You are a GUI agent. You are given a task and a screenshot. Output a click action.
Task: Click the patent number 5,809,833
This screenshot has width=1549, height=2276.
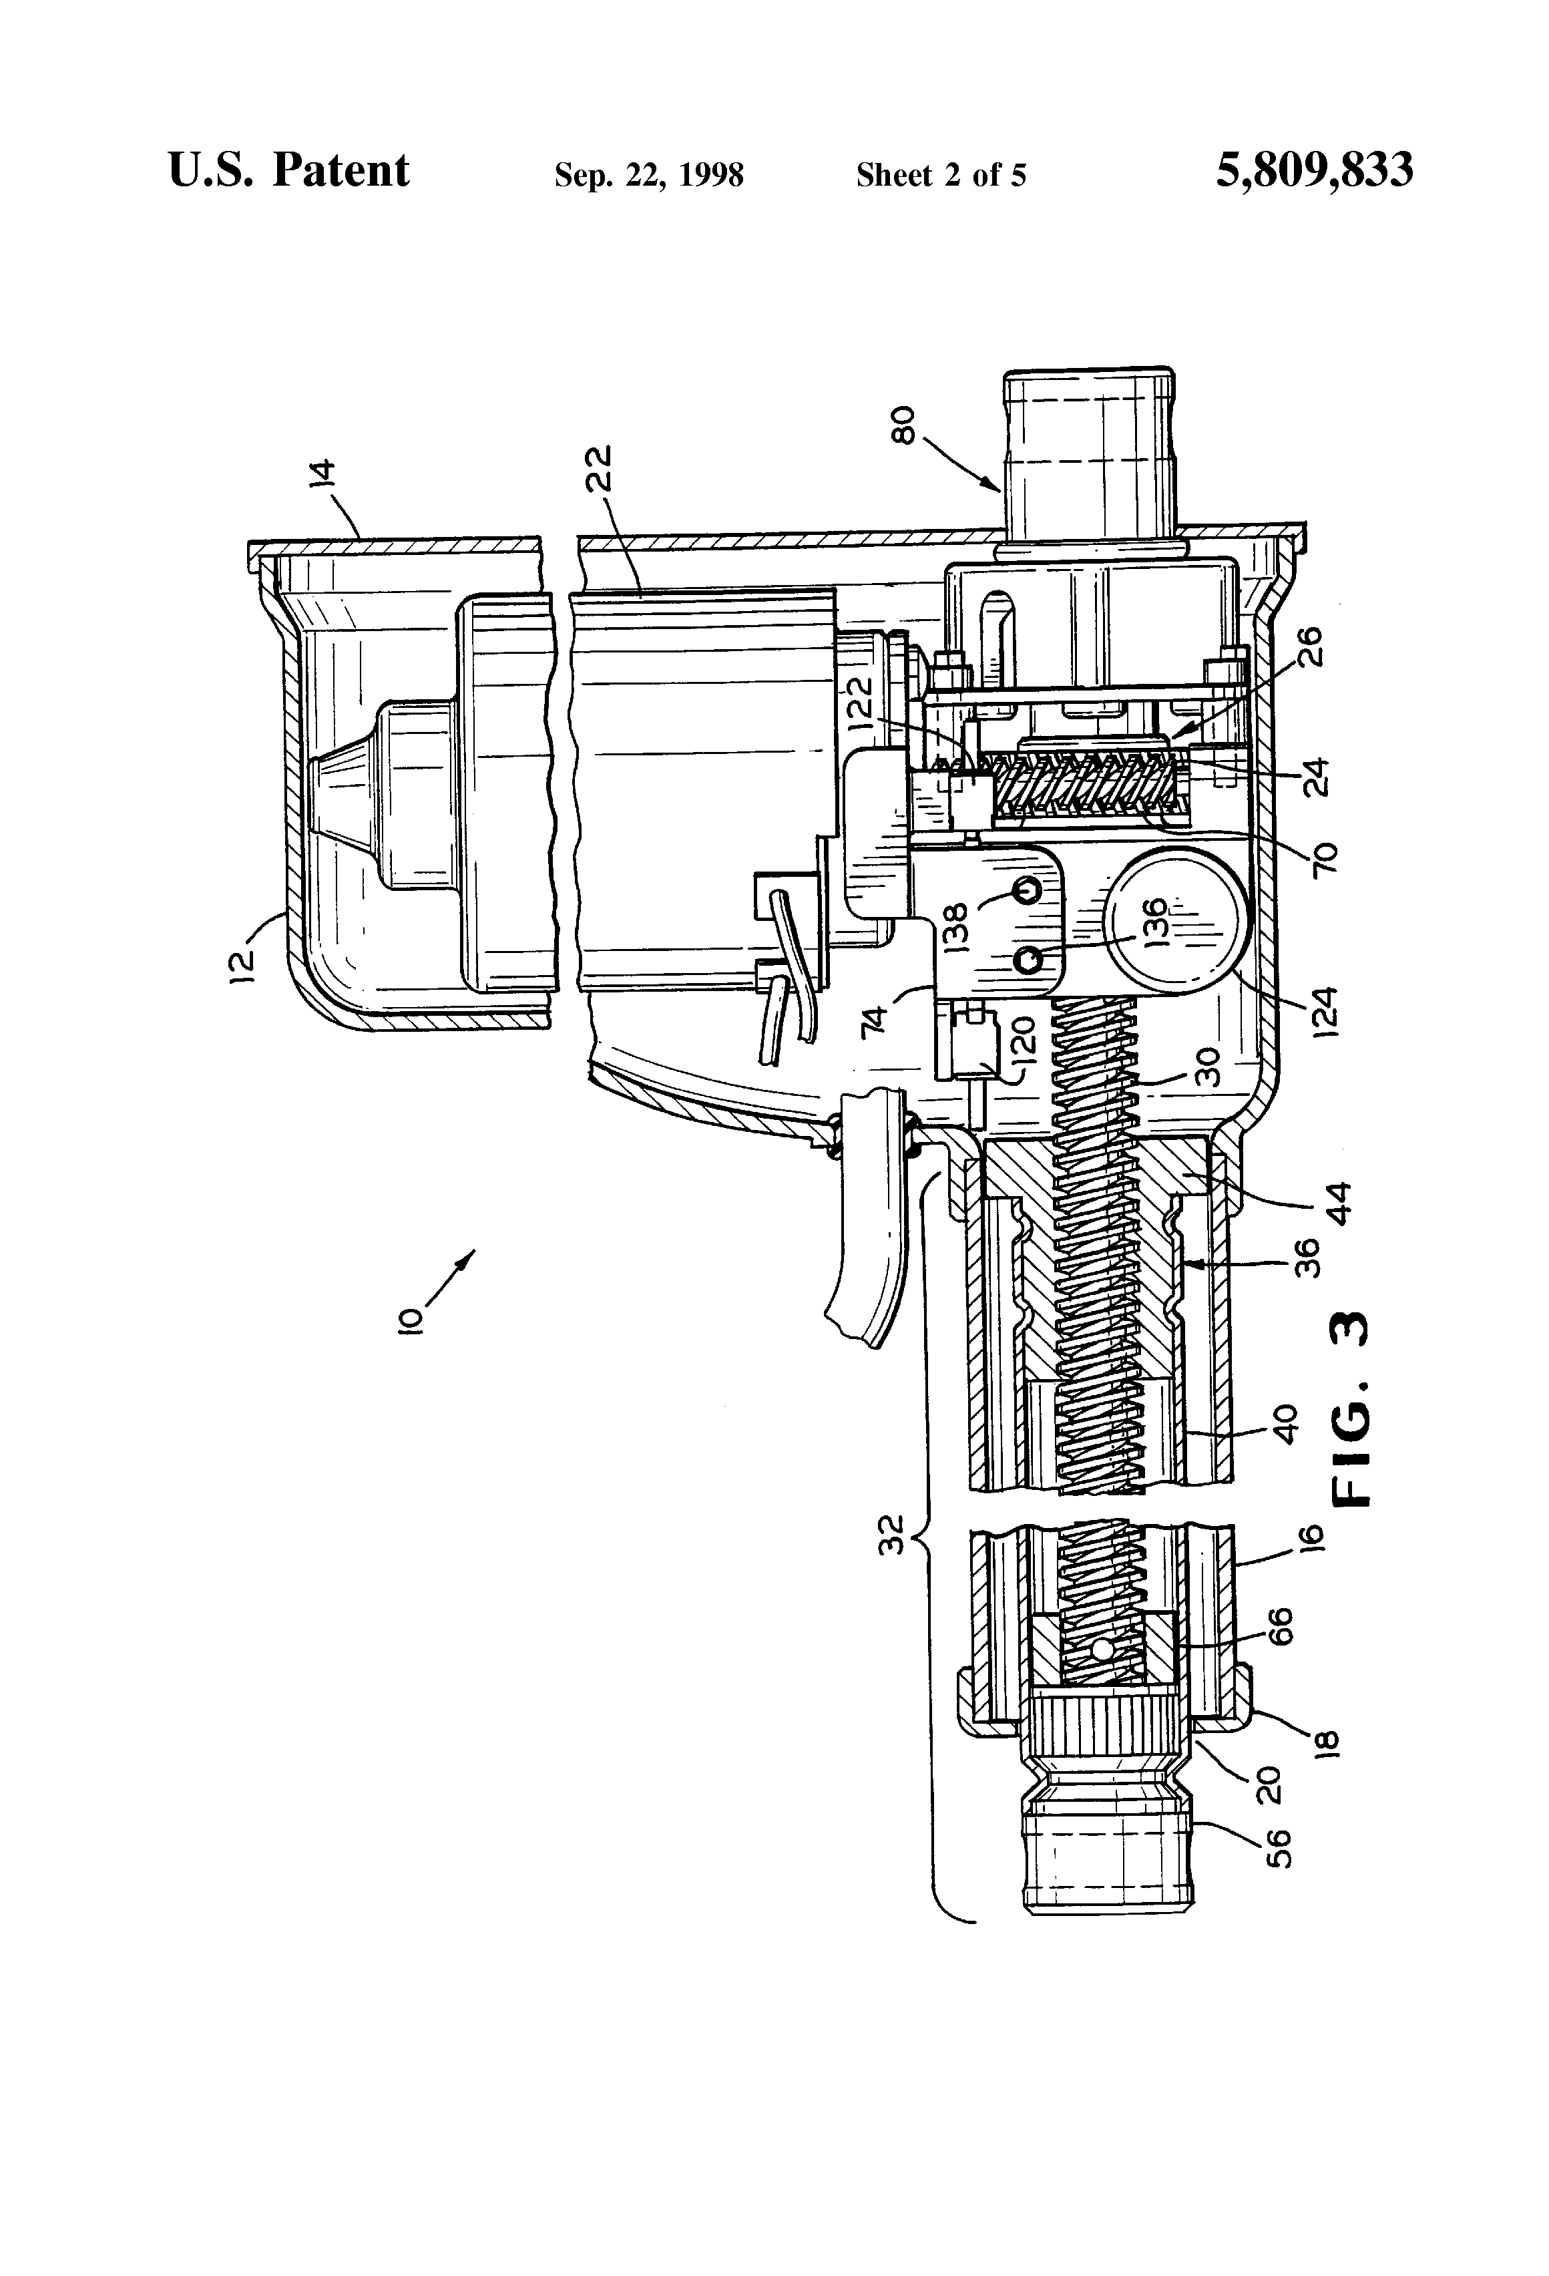(x=1314, y=170)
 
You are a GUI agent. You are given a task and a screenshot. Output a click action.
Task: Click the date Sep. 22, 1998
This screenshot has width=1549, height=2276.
(x=649, y=175)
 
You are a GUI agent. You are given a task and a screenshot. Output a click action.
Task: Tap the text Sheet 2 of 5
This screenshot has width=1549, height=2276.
(x=941, y=175)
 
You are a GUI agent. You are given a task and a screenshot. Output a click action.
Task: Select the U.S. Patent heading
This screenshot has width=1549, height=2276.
(x=289, y=170)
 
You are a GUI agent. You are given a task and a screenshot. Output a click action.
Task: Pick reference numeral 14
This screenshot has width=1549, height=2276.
(x=323, y=472)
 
